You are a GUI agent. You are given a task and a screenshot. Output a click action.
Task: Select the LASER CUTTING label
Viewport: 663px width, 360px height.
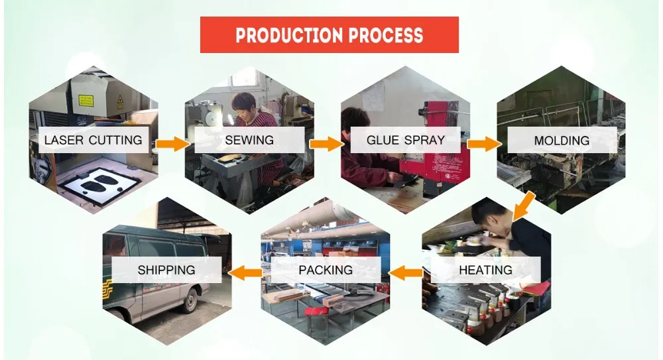click(93, 140)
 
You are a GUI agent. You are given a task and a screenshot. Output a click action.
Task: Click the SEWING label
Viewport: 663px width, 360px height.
click(249, 140)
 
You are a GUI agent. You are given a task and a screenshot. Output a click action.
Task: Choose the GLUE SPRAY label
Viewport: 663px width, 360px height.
click(406, 140)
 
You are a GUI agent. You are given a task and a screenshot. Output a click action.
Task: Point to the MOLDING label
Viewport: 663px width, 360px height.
click(562, 141)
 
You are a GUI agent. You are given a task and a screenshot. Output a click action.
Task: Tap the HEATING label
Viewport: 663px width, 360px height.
click(485, 270)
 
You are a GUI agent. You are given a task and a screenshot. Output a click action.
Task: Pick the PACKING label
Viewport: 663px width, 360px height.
click(326, 270)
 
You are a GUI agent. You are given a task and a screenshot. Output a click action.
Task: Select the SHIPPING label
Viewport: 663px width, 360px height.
click(166, 270)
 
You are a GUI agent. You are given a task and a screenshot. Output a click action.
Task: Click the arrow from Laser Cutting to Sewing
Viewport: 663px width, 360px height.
click(173, 144)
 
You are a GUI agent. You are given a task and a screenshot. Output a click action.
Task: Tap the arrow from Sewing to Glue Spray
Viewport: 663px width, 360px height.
click(326, 144)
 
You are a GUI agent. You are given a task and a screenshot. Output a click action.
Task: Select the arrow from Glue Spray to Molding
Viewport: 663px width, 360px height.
click(484, 144)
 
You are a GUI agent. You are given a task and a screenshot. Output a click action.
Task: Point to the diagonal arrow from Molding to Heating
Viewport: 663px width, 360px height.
click(524, 207)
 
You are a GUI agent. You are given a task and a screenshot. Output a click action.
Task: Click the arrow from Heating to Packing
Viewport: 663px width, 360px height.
click(406, 273)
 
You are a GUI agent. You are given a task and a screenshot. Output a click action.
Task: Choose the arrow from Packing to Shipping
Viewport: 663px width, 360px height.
click(246, 273)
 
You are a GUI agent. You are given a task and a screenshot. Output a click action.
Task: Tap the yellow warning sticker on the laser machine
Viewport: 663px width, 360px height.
click(86, 101)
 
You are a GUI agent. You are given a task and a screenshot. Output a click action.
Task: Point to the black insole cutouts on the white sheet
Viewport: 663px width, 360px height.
click(101, 183)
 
